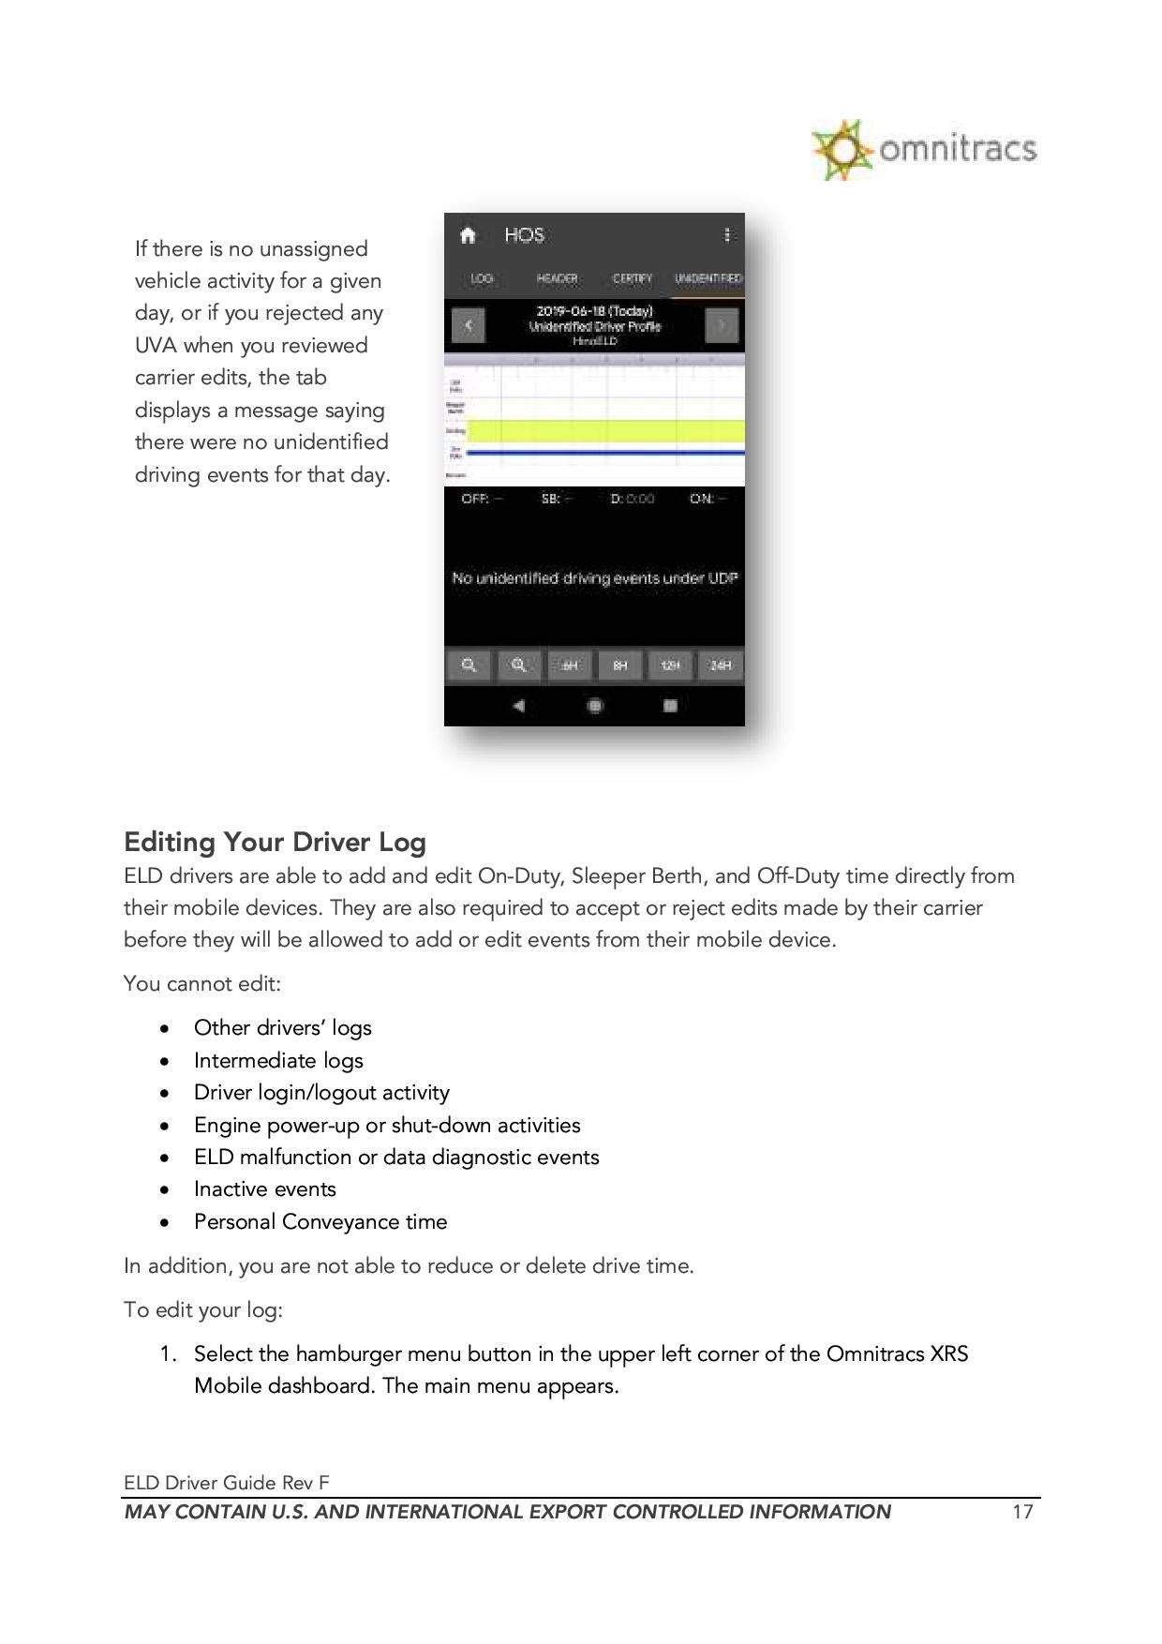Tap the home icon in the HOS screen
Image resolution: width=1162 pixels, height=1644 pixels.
(468, 235)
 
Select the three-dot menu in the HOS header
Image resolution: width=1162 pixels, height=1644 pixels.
(727, 235)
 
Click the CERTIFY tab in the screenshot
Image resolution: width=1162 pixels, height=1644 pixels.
(633, 278)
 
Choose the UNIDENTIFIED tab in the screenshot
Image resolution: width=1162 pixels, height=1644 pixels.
(708, 278)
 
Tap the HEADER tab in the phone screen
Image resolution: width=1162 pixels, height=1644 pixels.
(557, 278)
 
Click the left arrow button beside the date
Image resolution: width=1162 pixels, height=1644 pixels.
(468, 326)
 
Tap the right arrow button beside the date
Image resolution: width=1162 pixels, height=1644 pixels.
(722, 326)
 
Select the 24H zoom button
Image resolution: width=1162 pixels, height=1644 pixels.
(720, 665)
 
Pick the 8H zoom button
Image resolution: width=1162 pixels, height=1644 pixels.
(619, 665)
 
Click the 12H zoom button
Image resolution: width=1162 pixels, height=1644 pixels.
(670, 665)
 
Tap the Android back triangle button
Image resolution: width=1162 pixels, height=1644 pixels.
(519, 706)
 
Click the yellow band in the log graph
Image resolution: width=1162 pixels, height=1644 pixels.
(605, 431)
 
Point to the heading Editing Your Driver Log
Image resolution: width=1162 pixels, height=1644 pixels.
(275, 842)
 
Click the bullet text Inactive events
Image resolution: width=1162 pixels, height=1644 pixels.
(264, 1189)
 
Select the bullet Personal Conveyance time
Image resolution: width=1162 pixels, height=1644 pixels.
(320, 1222)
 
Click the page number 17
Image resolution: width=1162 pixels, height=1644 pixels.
(1022, 1512)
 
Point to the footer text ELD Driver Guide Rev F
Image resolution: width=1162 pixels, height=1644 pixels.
(227, 1483)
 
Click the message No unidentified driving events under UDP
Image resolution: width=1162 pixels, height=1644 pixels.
(594, 578)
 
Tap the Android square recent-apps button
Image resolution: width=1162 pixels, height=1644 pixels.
(670, 706)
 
